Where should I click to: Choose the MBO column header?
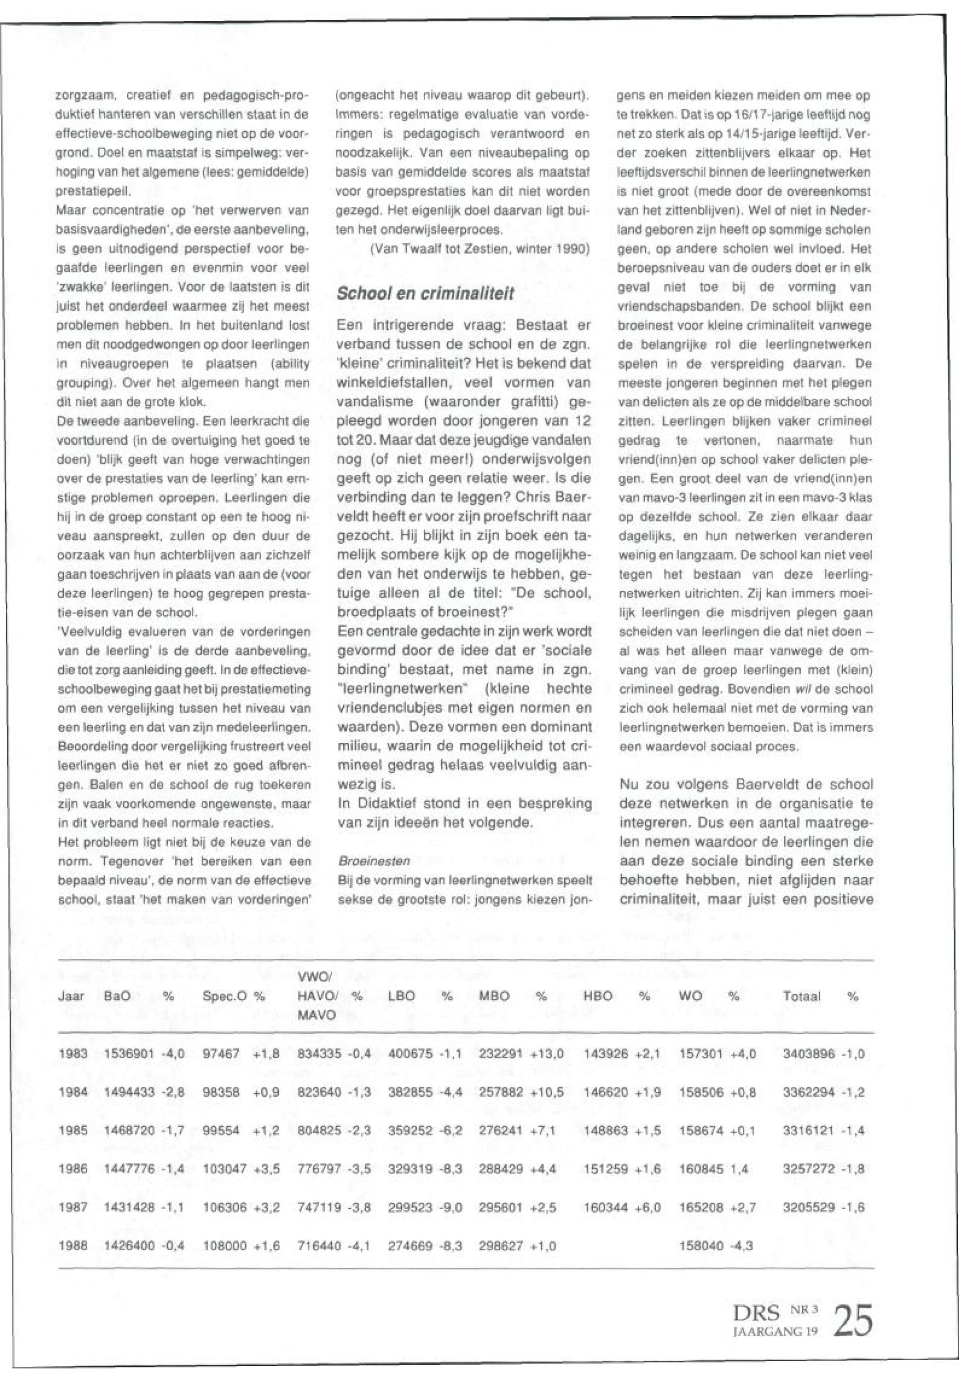click(494, 996)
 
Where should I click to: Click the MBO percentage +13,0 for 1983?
click(547, 1053)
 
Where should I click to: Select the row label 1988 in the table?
click(73, 1246)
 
